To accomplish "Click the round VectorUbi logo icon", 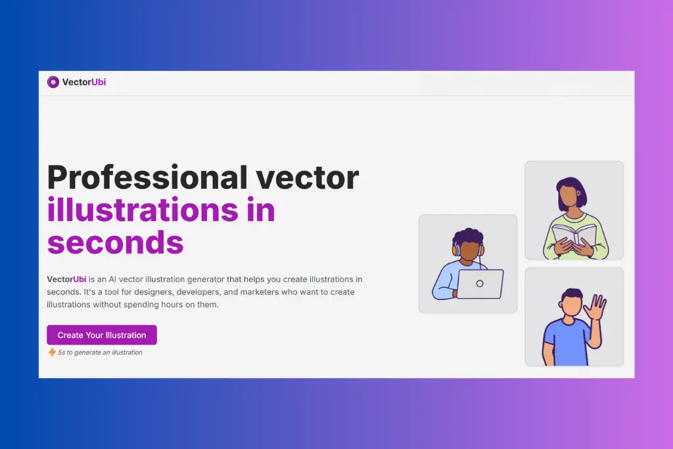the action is click(x=53, y=82).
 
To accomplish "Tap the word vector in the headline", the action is click(x=308, y=178).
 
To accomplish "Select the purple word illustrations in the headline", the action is click(x=143, y=210).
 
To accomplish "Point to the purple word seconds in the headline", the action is click(x=116, y=243).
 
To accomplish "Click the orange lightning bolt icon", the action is click(x=52, y=352).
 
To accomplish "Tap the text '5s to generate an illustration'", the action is click(x=100, y=352).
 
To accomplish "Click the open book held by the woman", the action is click(x=574, y=235).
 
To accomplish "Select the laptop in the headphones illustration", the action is click(x=480, y=284).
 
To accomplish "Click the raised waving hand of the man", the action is click(x=595, y=306).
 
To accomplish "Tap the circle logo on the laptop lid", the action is click(x=480, y=283).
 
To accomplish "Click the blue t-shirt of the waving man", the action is click(x=567, y=342).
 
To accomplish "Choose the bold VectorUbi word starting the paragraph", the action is click(x=66, y=279).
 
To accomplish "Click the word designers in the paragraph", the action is click(x=153, y=292).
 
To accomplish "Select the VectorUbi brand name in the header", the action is click(x=84, y=82).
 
